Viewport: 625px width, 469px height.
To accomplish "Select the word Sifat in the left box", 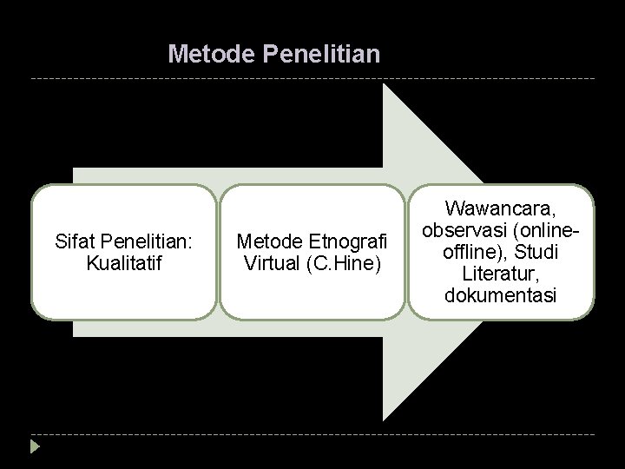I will pos(72,241).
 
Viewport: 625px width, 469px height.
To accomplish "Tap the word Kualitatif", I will pos(123,260).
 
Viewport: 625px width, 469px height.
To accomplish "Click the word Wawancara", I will pos(500,209).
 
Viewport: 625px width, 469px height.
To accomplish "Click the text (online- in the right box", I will pos(544,231).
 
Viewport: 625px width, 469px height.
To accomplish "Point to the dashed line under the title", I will pos(312,79).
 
